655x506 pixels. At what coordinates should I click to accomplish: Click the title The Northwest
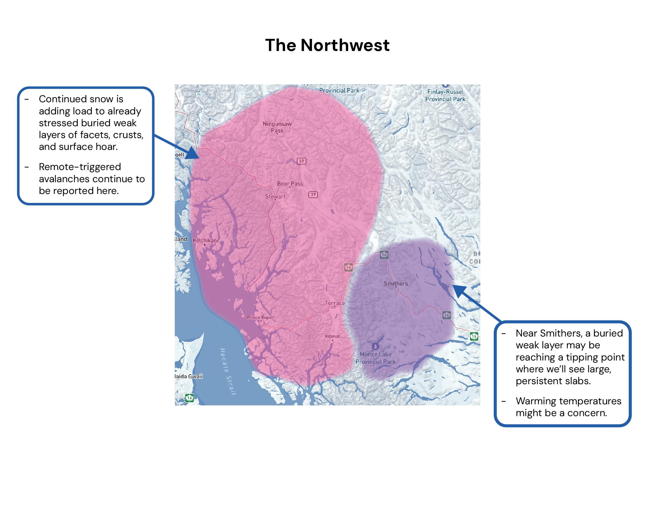pyautogui.click(x=327, y=45)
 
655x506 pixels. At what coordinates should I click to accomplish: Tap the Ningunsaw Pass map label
pyautogui.click(x=277, y=127)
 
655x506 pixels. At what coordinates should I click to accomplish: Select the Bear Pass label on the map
pyautogui.click(x=290, y=184)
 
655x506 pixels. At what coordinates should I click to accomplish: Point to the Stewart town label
pyautogui.click(x=275, y=197)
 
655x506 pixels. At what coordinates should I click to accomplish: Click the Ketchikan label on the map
pyautogui.click(x=205, y=240)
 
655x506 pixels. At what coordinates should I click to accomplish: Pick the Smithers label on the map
pyautogui.click(x=396, y=284)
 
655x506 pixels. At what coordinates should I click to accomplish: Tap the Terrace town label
pyautogui.click(x=335, y=303)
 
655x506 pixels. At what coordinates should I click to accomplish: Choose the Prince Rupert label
pyautogui.click(x=261, y=317)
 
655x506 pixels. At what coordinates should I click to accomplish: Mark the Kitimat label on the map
pyautogui.click(x=332, y=336)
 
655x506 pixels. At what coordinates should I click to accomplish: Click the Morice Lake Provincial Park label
pyautogui.click(x=375, y=358)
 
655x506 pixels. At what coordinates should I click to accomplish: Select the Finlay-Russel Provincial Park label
pyautogui.click(x=445, y=95)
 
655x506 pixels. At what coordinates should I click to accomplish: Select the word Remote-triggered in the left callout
pyautogui.click(x=80, y=167)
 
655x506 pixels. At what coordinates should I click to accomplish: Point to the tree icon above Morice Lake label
pyautogui.click(x=375, y=346)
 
